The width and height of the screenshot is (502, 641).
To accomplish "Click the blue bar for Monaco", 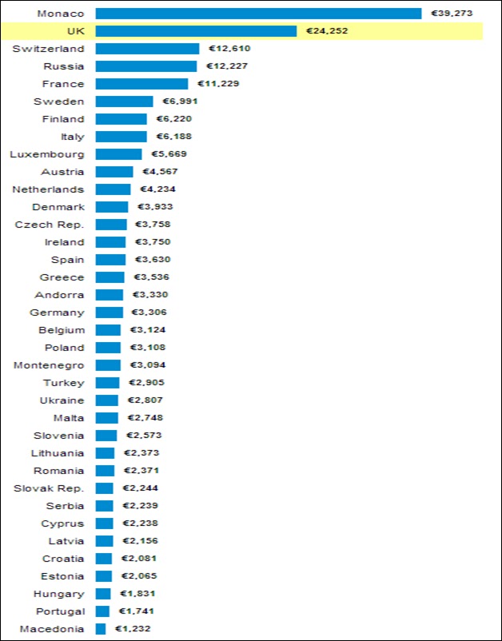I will pos(258,14).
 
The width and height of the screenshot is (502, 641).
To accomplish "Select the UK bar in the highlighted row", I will pos(197,31).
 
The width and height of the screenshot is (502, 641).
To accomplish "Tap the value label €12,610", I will pos(225,49).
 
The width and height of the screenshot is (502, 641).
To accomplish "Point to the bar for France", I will pos(141,84).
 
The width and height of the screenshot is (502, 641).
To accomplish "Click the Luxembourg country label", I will pos(46,154).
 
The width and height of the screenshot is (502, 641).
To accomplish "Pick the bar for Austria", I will pos(114,172).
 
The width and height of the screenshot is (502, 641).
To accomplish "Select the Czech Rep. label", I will pos(50,225).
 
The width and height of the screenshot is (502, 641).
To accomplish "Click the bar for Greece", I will pos(110,277).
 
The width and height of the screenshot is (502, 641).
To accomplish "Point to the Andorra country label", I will pos(57,295).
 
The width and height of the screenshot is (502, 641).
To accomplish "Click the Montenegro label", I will pos(49,365).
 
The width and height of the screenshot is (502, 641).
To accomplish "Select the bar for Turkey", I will pos(107,383).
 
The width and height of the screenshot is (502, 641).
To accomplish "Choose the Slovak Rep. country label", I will pos(49,488).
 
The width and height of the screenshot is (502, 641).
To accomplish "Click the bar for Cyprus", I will pos(105,524).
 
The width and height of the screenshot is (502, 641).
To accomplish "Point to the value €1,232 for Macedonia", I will pos(133,629).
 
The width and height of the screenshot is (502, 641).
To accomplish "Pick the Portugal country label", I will pos(58,611).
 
